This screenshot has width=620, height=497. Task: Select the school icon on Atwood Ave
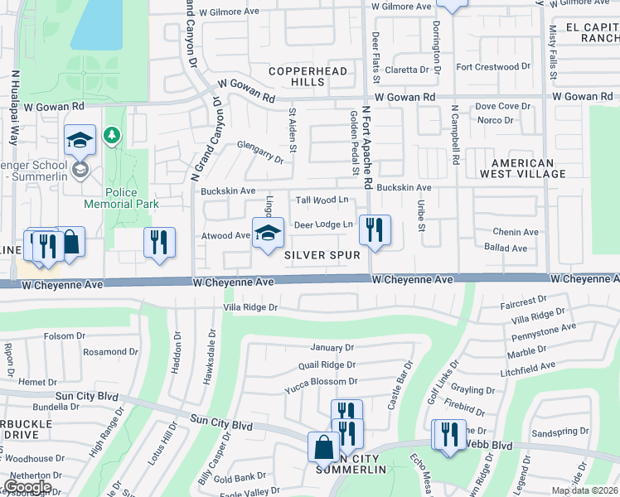pyautogui.click(x=268, y=234)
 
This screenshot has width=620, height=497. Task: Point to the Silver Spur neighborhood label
pyautogui.click(x=322, y=255)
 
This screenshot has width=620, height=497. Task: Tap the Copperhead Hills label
pyautogui.click(x=308, y=77)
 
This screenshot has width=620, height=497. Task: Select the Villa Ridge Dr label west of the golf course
pyautogui.click(x=249, y=307)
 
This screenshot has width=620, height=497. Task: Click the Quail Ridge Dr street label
pyautogui.click(x=327, y=364)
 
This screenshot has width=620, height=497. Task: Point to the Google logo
pyautogui.click(x=27, y=487)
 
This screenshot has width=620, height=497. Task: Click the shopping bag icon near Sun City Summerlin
pyautogui.click(x=322, y=447)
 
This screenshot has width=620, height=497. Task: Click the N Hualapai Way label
pyautogui.click(x=15, y=108)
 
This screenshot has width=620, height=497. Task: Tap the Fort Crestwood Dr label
pyautogui.click(x=492, y=66)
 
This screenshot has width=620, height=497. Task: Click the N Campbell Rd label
pyautogui.click(x=455, y=135)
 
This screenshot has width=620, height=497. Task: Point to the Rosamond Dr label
pyautogui.click(x=109, y=352)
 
